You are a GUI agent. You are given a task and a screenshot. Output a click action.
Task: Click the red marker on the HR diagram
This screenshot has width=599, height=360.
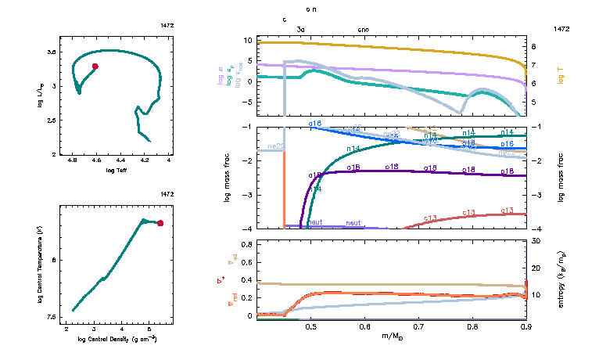point(95,67)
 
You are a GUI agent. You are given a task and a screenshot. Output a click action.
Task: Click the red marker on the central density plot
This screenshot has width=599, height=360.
point(160,223)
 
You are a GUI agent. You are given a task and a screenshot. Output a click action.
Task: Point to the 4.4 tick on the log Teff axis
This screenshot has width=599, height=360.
point(120,160)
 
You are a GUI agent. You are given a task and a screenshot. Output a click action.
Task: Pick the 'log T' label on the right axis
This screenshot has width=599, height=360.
point(561,74)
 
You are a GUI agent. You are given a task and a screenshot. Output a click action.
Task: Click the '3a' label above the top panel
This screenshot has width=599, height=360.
point(301,29)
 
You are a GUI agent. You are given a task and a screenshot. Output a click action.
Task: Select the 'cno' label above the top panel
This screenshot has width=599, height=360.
point(364,29)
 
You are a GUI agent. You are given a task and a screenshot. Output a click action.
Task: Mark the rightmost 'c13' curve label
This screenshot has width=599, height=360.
point(508,210)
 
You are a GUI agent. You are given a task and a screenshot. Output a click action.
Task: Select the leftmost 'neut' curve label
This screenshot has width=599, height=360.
point(315,222)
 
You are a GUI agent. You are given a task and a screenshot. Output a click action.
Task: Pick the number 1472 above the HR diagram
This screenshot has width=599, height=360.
point(167,26)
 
